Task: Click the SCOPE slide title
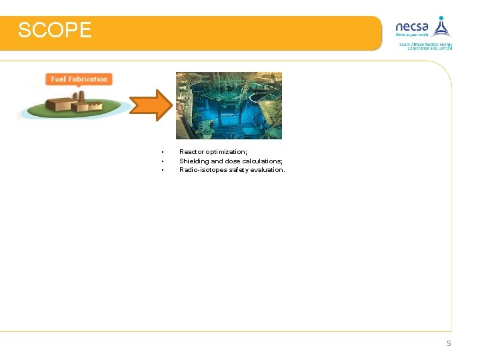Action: (55, 31)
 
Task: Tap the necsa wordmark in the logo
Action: (412, 27)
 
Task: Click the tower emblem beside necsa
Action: (441, 27)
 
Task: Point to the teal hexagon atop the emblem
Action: (441, 18)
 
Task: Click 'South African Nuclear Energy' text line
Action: (426, 44)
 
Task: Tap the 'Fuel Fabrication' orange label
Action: (79, 79)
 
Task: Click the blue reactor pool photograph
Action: (229, 105)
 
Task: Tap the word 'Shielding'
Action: (194, 161)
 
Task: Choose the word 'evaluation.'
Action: (267, 169)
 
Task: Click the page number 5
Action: (449, 343)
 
